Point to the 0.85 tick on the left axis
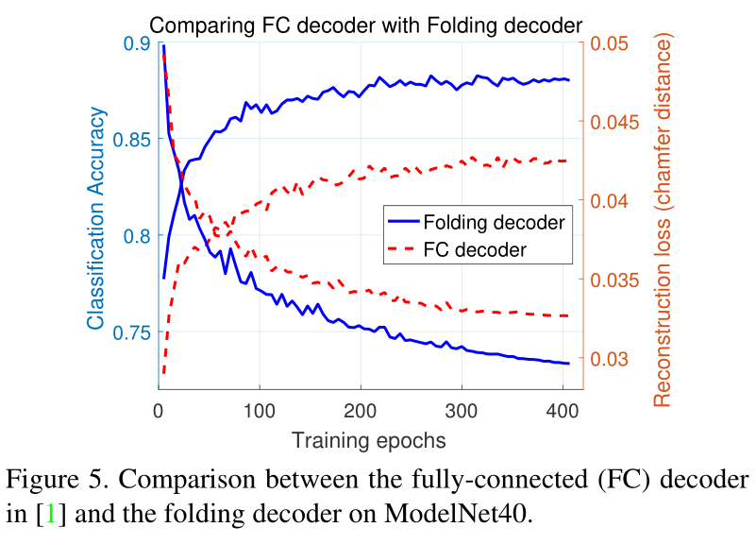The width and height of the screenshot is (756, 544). pyautogui.click(x=130, y=140)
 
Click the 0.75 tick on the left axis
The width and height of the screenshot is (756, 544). pyautogui.click(x=130, y=332)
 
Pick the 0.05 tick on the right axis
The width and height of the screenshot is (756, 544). pyautogui.click(x=609, y=43)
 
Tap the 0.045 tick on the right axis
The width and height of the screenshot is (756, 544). pyautogui.click(x=614, y=123)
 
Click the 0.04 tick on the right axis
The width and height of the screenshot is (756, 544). pyautogui.click(x=609, y=201)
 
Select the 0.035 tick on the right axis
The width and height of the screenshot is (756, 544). pyautogui.click(x=614, y=280)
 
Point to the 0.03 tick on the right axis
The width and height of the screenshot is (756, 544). pyautogui.click(x=609, y=359)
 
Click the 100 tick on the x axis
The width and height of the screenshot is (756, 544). pyautogui.click(x=259, y=410)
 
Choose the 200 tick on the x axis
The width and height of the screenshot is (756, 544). pyautogui.click(x=360, y=410)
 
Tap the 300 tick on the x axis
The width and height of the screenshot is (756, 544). pyautogui.click(x=461, y=410)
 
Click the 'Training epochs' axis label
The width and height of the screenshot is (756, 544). pyautogui.click(x=368, y=439)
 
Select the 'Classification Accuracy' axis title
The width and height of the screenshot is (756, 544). pyautogui.click(x=96, y=216)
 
